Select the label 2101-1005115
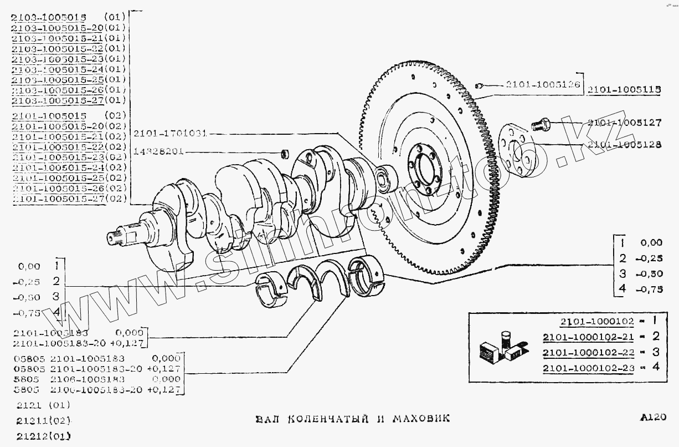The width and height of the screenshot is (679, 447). click(x=624, y=89)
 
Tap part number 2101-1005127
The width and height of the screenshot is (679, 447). click(x=624, y=124)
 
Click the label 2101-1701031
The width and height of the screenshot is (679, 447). click(x=170, y=133)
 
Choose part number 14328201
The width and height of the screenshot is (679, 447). click(x=158, y=151)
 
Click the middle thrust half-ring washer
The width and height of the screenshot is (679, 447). click(x=315, y=282)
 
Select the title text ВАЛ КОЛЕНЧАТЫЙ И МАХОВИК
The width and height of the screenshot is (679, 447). click(x=352, y=418)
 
